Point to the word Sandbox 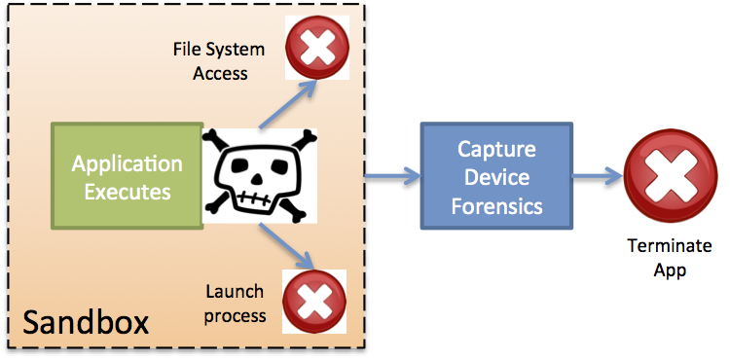[86, 322]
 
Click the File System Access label [210, 60]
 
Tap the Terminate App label [669, 258]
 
